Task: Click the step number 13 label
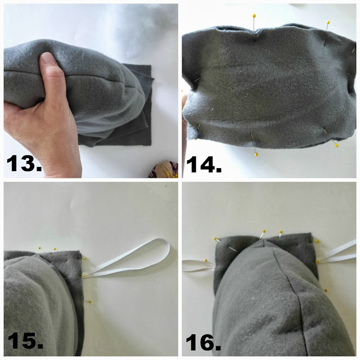(24, 163)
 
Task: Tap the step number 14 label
(204, 164)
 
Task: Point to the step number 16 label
(203, 342)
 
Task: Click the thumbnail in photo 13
(49, 57)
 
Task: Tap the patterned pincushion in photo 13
(163, 170)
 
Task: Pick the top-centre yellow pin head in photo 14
(254, 16)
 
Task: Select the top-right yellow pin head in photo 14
(328, 22)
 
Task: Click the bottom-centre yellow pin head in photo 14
(256, 155)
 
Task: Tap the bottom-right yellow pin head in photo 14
(336, 145)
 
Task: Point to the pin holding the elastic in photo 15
(84, 276)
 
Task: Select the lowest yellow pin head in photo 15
(90, 301)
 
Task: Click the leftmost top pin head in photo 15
(39, 248)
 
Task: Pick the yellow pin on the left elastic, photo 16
(206, 260)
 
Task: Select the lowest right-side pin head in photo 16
(326, 290)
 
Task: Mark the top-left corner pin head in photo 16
(215, 238)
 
